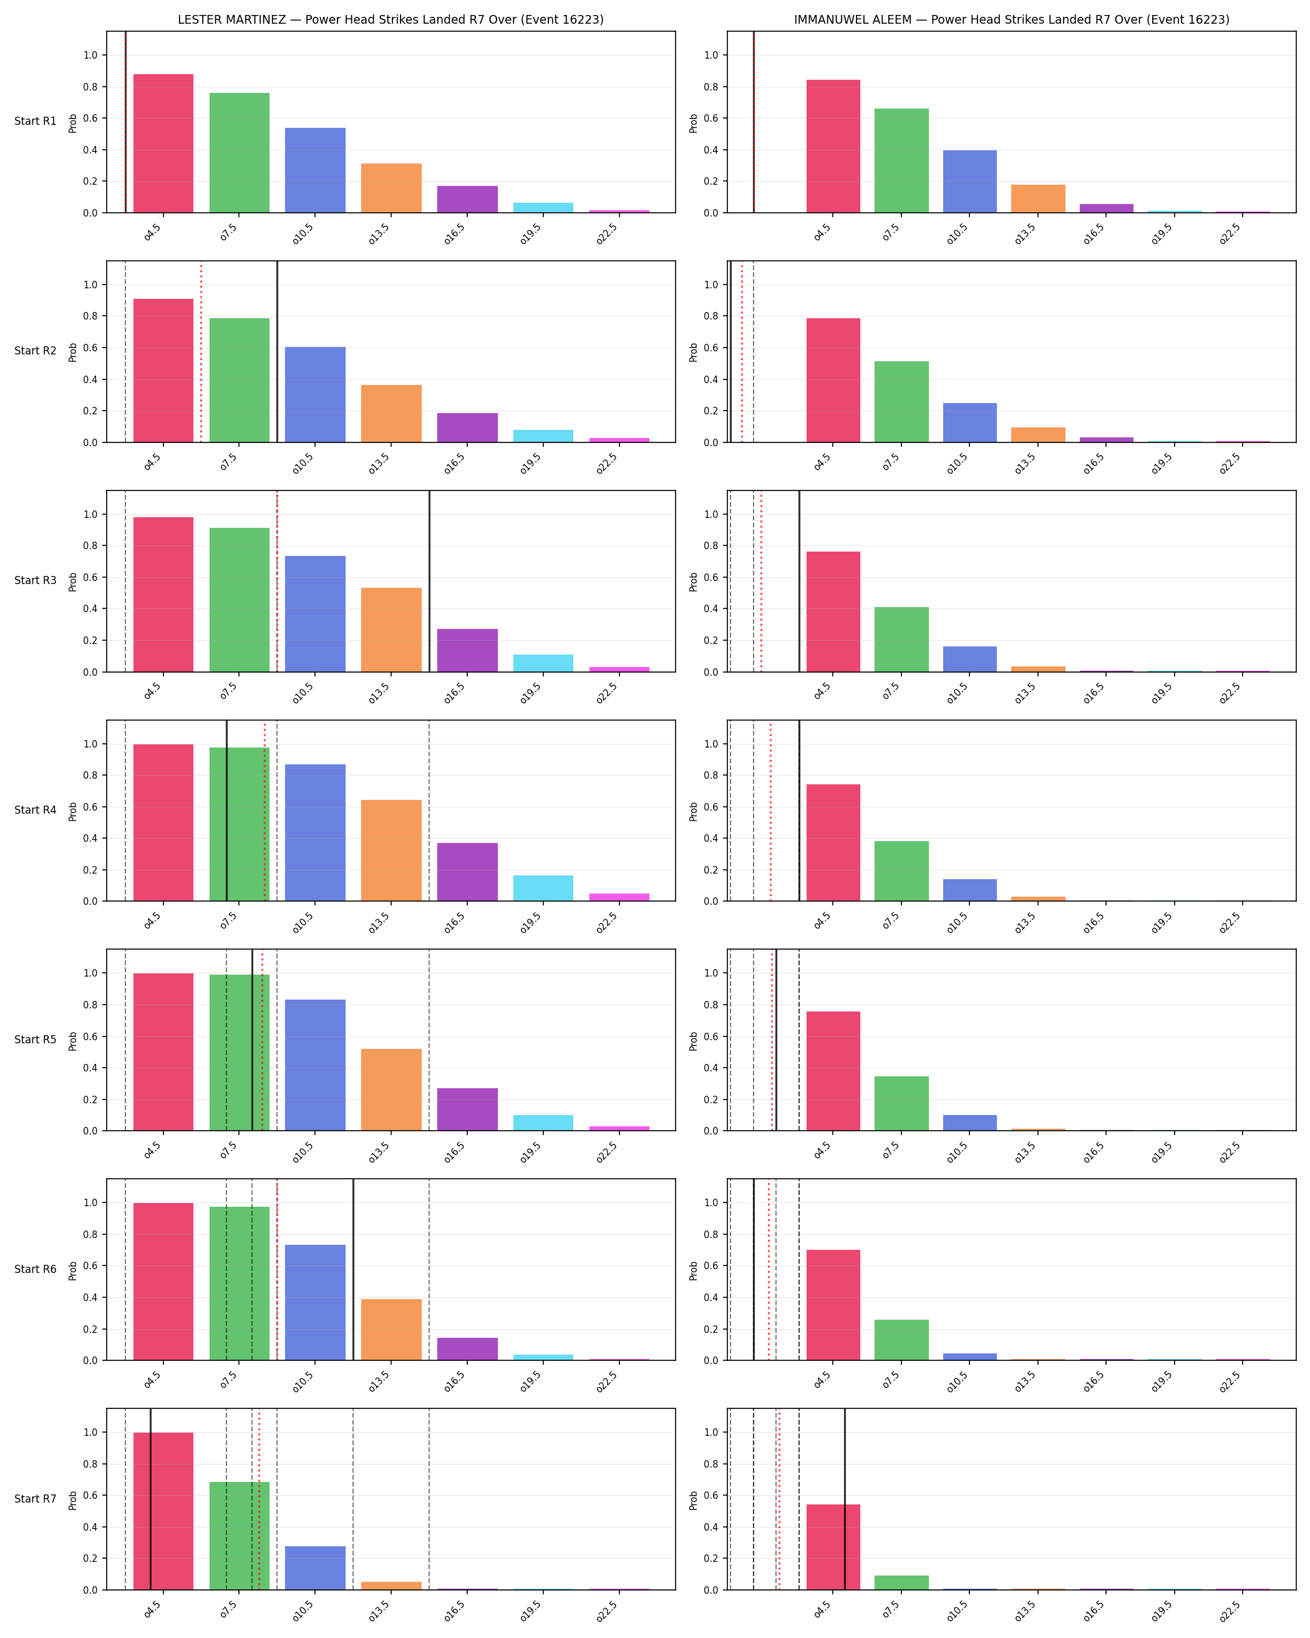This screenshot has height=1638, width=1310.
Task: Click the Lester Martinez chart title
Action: click(391, 20)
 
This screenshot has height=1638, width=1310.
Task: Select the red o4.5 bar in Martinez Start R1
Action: click(163, 144)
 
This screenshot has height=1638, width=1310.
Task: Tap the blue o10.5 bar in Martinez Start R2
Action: click(315, 394)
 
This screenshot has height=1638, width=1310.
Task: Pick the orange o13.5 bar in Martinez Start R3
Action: click(391, 630)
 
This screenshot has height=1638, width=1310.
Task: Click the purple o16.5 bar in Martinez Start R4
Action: click(467, 872)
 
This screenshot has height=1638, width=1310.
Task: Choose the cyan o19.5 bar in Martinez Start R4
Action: click(543, 888)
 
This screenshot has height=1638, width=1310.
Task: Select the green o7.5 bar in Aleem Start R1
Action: click(901, 160)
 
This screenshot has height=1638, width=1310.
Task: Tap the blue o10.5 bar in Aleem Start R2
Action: click(970, 422)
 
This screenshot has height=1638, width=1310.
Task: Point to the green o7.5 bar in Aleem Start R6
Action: click(901, 1340)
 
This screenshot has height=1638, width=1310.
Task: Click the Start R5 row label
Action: click(35, 1040)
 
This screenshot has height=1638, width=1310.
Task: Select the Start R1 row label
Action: click(35, 121)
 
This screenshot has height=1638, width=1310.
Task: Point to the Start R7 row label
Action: click(35, 1499)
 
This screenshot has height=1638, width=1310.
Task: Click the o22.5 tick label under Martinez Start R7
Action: click(607, 1611)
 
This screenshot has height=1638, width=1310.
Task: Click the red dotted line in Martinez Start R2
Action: click(201, 352)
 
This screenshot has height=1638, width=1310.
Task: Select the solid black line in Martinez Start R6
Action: click(353, 1269)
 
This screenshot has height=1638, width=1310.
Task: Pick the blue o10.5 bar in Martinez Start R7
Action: click(315, 1568)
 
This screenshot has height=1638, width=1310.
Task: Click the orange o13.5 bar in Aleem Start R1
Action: click(1038, 198)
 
